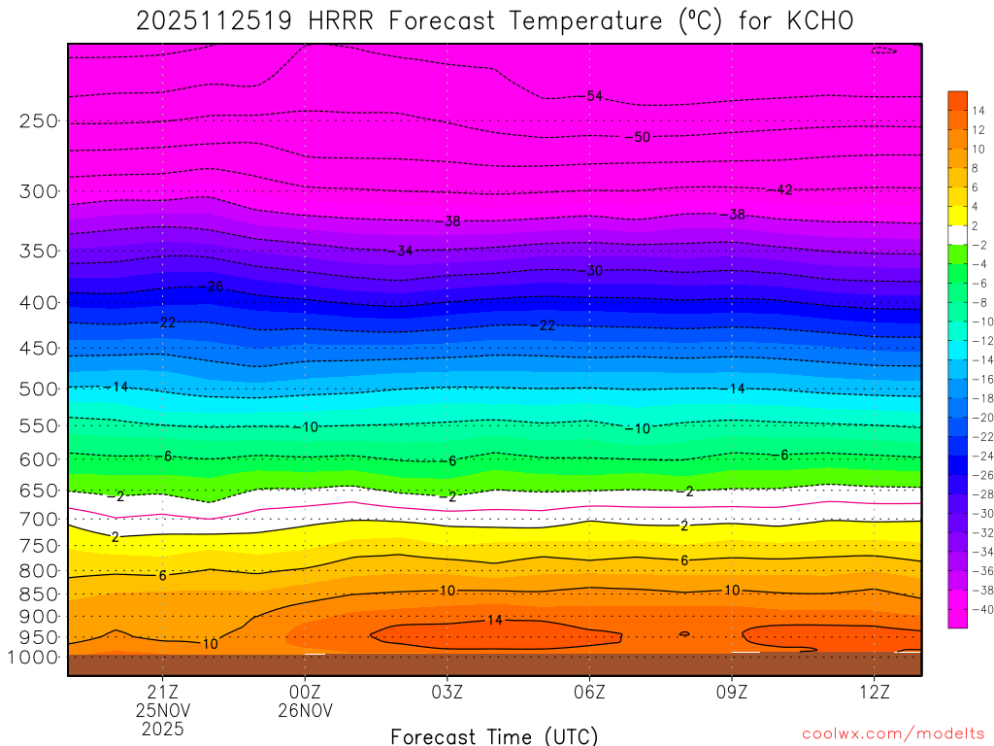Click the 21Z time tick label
tap(162, 692)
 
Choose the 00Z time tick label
tap(305, 692)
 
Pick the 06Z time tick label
tap(589, 692)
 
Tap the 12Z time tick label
tap(874, 692)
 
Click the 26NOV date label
tap(305, 710)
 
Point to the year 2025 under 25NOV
tap(162, 728)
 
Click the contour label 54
tap(595, 96)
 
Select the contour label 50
tap(642, 137)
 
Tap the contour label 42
tap(784, 189)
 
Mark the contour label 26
tap(215, 287)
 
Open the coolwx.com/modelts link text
tap(892, 733)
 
